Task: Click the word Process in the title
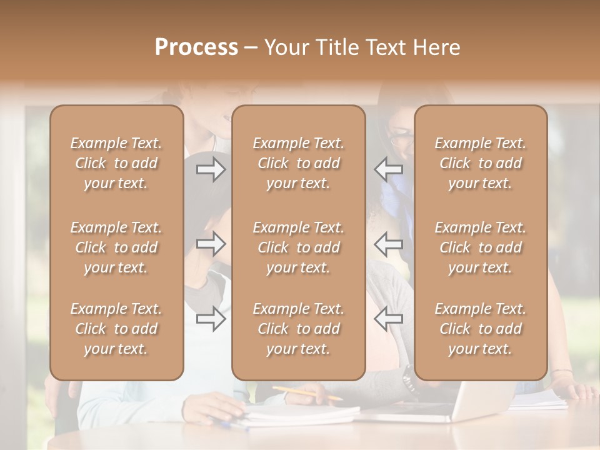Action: click(x=196, y=47)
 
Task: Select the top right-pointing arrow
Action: click(x=211, y=169)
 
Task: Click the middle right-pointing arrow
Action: click(x=211, y=244)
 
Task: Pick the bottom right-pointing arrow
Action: click(x=211, y=319)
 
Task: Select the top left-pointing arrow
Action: click(x=388, y=169)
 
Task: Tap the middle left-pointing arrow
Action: click(x=388, y=244)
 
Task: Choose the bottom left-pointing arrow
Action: click(x=388, y=319)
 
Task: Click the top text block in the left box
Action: click(x=116, y=163)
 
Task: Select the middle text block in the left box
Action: click(x=116, y=247)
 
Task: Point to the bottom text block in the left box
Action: click(x=116, y=329)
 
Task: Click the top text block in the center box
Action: click(x=298, y=163)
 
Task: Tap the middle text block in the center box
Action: click(x=298, y=247)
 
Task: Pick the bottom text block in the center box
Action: click(x=298, y=329)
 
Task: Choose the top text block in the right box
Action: click(x=480, y=163)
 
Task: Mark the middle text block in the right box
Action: click(x=480, y=247)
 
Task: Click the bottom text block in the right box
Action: click(x=480, y=329)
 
